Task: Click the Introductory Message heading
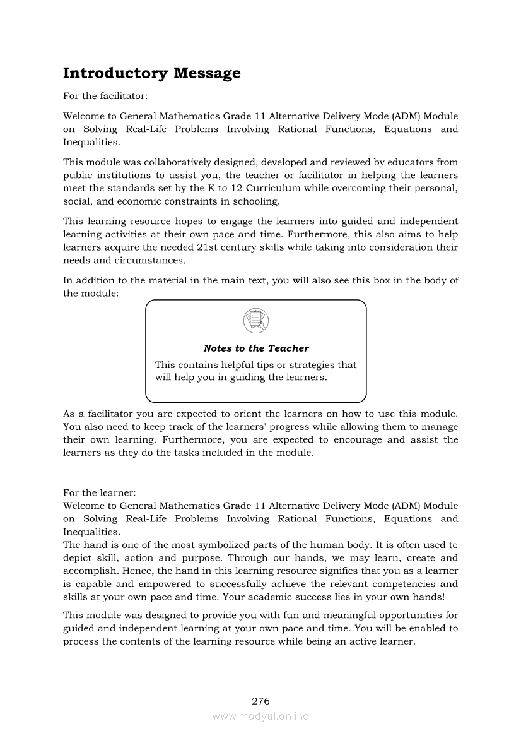click(x=151, y=73)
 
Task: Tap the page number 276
click(x=260, y=701)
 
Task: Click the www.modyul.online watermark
click(x=260, y=716)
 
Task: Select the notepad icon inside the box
click(x=255, y=321)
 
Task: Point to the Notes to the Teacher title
click(x=256, y=348)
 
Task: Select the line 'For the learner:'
click(x=100, y=492)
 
